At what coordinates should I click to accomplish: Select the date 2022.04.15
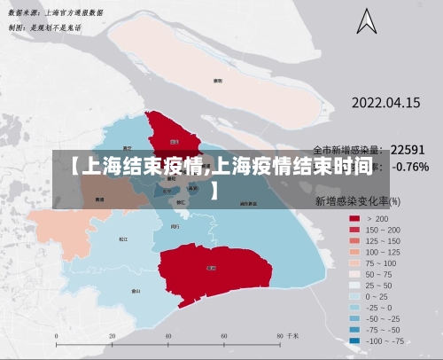tap(386, 103)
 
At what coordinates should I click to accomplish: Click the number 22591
tap(408, 150)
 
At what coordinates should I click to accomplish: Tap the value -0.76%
tap(410, 167)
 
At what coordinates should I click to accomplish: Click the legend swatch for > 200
tap(354, 218)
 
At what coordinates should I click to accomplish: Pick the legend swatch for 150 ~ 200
tap(354, 230)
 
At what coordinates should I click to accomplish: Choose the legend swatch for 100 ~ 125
tap(354, 251)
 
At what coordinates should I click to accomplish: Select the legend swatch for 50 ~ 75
tap(354, 273)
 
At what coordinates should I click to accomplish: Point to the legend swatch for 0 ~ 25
tap(354, 295)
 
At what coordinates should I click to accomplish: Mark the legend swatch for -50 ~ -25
tap(354, 317)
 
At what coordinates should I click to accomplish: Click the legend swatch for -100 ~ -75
tap(354, 340)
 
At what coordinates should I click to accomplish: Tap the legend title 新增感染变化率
tap(352, 201)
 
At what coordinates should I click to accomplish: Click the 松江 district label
tap(123, 239)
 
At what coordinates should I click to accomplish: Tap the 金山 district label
tap(136, 290)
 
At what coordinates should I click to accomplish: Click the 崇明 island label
tap(217, 80)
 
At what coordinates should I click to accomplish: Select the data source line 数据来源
tap(55, 13)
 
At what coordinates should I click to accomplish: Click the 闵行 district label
tap(175, 226)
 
